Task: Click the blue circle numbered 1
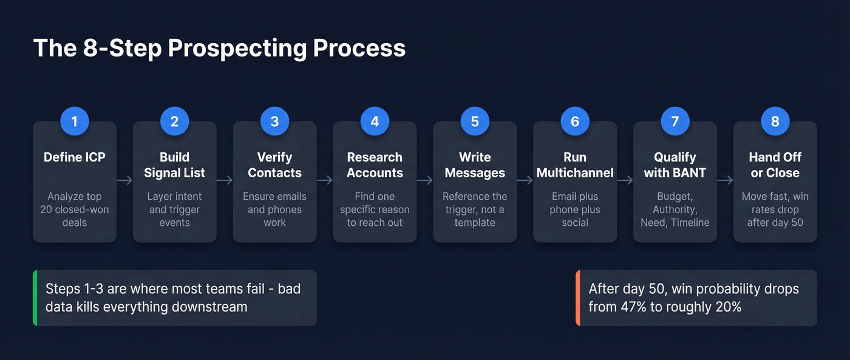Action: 75,121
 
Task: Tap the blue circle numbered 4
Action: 375,121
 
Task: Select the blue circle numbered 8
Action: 775,121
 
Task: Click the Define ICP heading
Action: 75,157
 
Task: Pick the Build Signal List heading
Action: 175,165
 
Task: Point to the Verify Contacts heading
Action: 274,165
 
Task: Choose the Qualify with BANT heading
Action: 675,165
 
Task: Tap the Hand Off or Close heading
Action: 775,165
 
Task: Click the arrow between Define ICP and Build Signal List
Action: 124,180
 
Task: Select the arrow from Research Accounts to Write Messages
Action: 425,180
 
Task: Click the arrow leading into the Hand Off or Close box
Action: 725,180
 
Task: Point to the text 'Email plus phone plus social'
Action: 575,209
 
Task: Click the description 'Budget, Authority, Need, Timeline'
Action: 675,209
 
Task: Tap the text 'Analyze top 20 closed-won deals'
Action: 75,209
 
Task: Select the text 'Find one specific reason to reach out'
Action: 375,209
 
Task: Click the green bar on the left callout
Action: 35,298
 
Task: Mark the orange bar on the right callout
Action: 578,298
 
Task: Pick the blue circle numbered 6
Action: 575,121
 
